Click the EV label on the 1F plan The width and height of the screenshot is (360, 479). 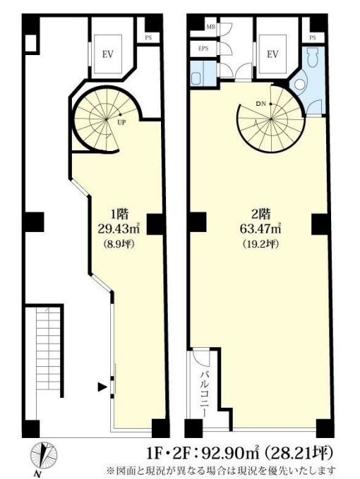108,55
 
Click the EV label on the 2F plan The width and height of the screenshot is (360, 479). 272,54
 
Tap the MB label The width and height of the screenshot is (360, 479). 210,27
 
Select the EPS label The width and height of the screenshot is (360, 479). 203,48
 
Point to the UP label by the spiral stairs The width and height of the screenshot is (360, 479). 121,123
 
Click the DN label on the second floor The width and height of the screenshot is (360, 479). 260,104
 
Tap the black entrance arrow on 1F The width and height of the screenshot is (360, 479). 102,387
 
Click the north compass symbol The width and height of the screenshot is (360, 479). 44,454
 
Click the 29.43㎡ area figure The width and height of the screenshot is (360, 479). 119,228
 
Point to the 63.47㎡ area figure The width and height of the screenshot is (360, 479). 260,229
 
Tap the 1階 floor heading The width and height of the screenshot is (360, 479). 119,214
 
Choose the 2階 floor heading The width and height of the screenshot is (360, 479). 260,214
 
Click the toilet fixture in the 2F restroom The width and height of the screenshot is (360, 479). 312,57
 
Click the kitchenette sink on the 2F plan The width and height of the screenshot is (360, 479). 196,78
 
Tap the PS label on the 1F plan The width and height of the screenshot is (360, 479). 148,38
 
